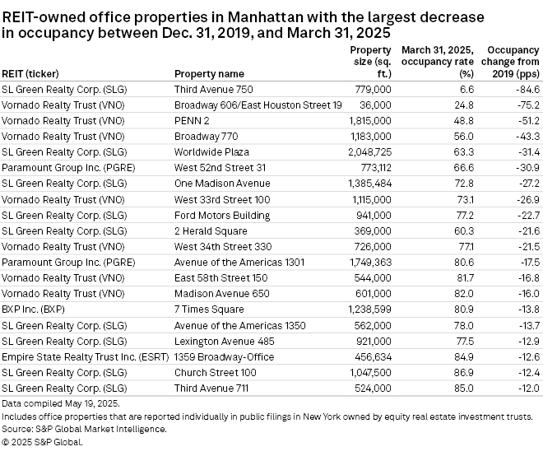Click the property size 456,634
click(x=370, y=356)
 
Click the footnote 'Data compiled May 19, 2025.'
click(x=61, y=403)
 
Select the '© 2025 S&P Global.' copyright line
click(x=43, y=442)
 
